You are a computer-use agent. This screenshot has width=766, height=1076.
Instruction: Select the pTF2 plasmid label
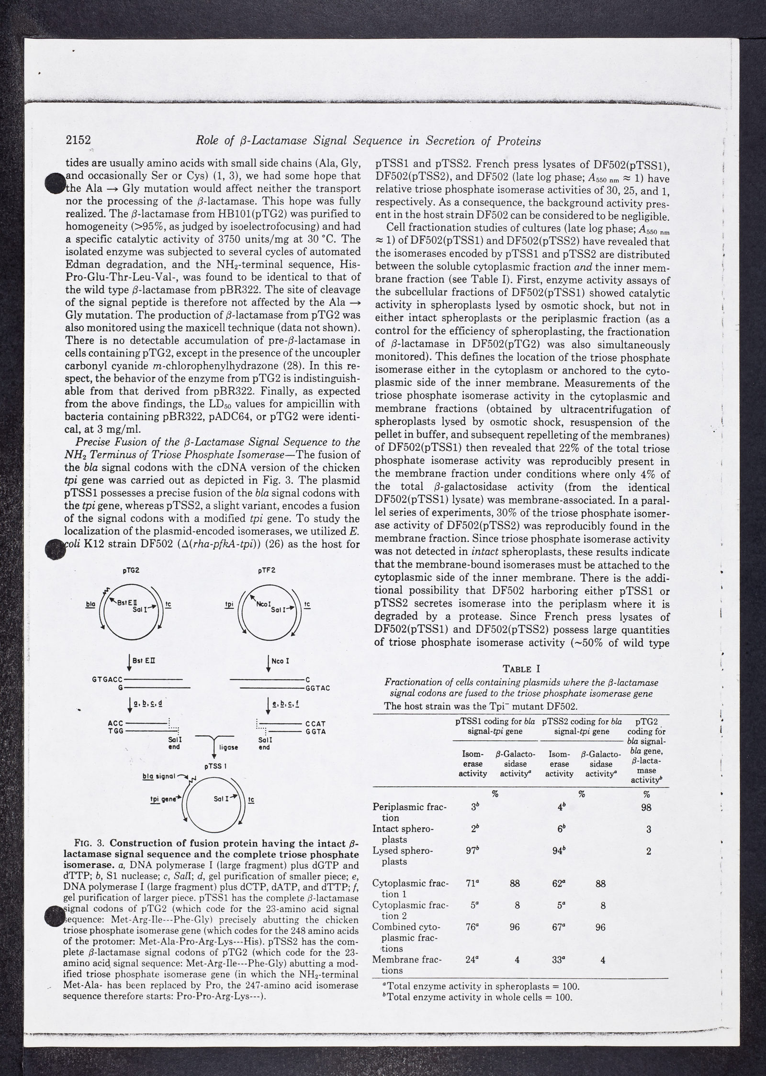[266, 570]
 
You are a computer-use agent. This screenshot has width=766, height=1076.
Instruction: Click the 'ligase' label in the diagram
[228, 746]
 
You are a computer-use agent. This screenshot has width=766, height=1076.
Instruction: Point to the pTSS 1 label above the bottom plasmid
[215, 765]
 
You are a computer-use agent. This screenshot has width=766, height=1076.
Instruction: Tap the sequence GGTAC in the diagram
[318, 689]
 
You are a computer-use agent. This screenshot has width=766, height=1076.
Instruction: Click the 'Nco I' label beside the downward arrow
[284, 661]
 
